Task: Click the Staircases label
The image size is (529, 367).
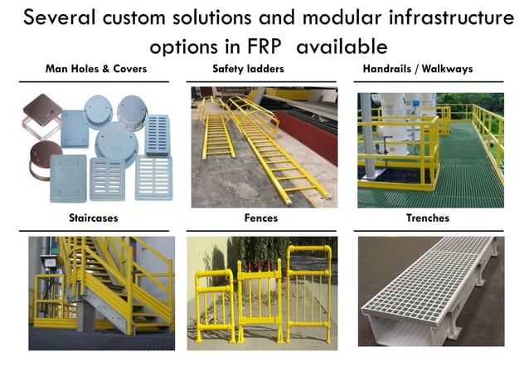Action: [x=93, y=218]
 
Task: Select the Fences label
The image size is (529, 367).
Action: [x=261, y=218]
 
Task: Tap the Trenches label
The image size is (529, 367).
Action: [x=428, y=218]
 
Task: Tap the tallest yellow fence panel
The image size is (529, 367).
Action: [x=309, y=291]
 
